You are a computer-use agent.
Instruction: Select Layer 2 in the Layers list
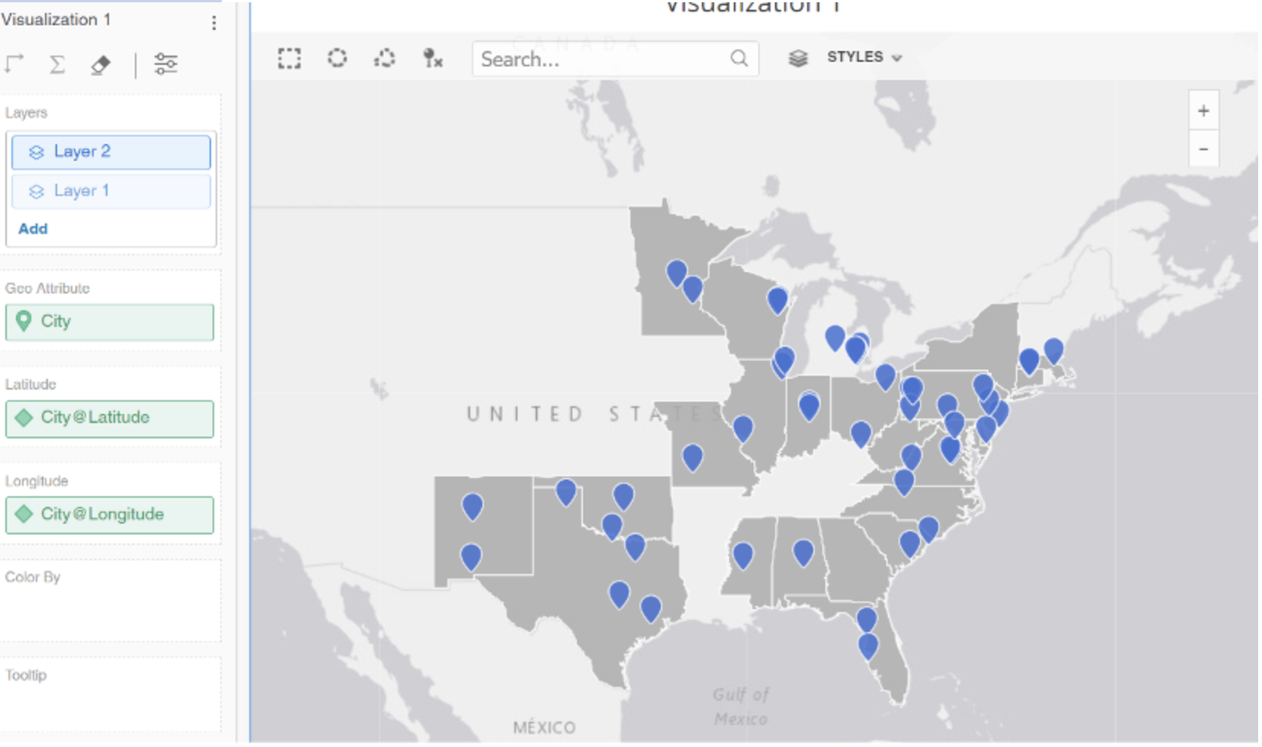click(x=111, y=152)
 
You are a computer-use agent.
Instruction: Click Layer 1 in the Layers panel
click(x=111, y=191)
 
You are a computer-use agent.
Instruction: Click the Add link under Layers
click(x=33, y=229)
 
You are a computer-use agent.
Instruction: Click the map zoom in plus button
click(x=1203, y=111)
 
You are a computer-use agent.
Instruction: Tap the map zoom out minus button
click(x=1203, y=149)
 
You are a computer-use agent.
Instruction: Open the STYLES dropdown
click(x=863, y=57)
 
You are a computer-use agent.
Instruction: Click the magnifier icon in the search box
click(x=738, y=59)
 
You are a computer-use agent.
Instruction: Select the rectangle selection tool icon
click(x=289, y=59)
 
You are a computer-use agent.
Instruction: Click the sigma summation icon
click(x=57, y=64)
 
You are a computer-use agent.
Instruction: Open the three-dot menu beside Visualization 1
click(x=214, y=23)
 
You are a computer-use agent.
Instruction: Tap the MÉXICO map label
click(x=544, y=727)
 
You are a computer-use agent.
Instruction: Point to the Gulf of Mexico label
click(x=741, y=707)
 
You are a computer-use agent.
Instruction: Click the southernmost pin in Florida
click(x=868, y=646)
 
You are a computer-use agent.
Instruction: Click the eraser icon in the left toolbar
click(x=100, y=65)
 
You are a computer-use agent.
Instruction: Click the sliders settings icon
click(x=165, y=64)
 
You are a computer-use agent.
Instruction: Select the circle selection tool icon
click(x=337, y=58)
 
